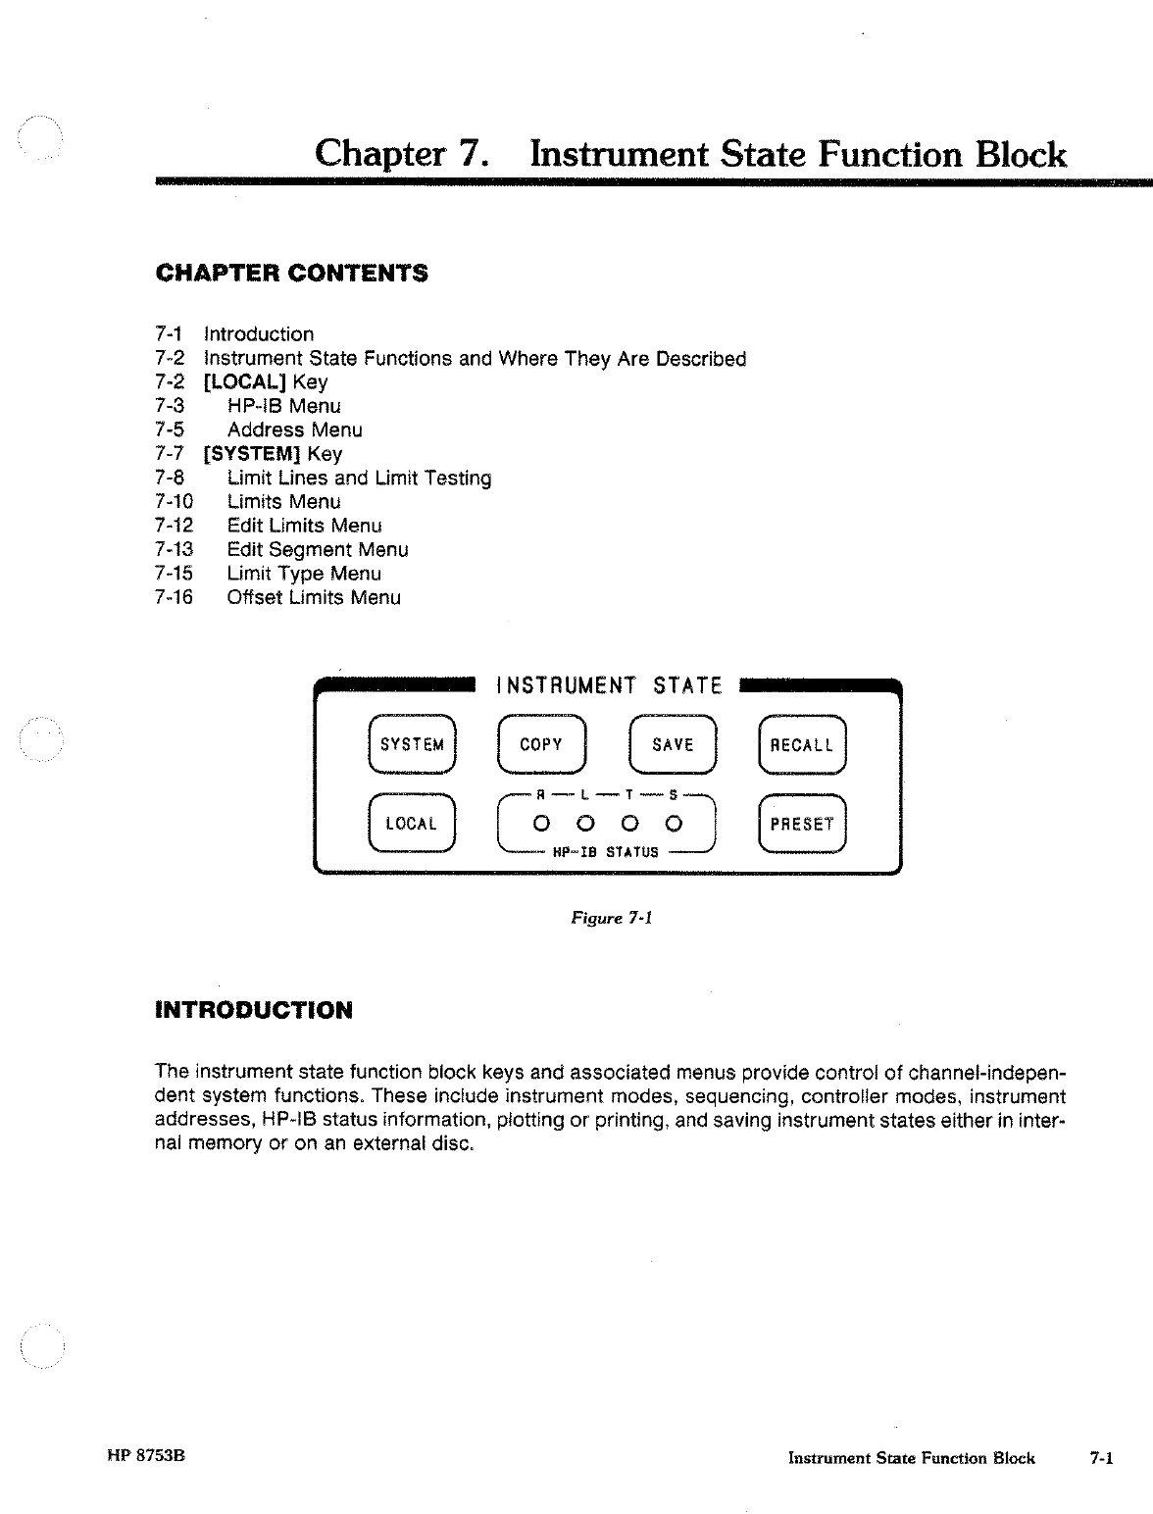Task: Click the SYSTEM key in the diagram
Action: [412, 745]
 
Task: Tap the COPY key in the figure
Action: [541, 745]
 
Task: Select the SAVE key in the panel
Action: [673, 745]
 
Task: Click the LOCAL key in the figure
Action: [412, 824]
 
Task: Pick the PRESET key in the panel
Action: [802, 824]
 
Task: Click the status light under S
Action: [674, 824]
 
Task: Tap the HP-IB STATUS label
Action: [606, 852]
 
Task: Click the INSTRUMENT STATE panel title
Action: [609, 685]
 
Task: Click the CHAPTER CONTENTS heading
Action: [292, 273]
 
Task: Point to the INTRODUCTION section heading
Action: [254, 1010]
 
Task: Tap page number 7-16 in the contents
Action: [175, 597]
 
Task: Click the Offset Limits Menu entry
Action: [314, 597]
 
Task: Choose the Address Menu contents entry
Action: [294, 429]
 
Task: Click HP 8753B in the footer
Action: [146, 1456]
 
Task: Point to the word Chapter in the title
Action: [379, 154]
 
